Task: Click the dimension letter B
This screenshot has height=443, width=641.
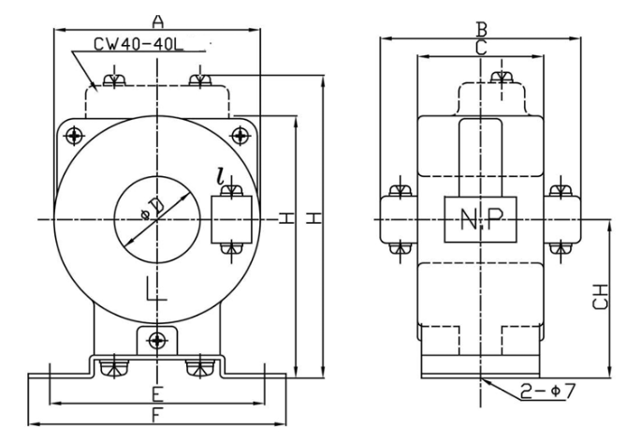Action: (x=481, y=29)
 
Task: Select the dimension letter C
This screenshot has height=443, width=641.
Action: (x=481, y=49)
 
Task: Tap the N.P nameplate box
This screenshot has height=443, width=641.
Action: (x=481, y=220)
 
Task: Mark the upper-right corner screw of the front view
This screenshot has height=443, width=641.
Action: (x=240, y=137)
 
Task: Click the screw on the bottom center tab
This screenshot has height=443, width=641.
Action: (x=157, y=338)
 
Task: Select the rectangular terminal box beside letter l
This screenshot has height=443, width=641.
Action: (x=232, y=221)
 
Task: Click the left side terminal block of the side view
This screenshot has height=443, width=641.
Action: (x=399, y=221)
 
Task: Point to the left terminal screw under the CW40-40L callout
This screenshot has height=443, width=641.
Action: (x=114, y=81)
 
